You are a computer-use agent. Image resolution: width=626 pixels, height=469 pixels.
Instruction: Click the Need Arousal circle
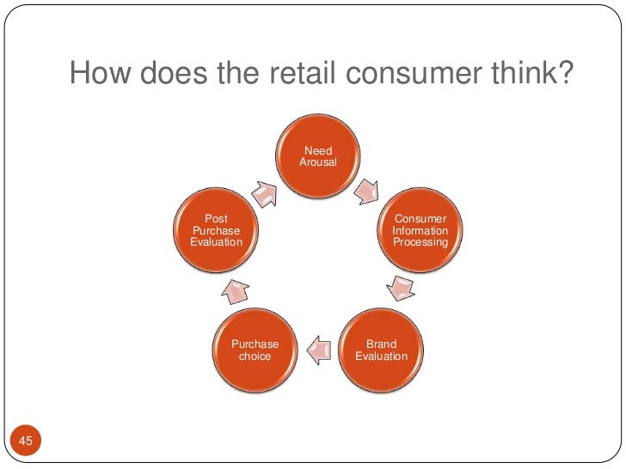pyautogui.click(x=317, y=155)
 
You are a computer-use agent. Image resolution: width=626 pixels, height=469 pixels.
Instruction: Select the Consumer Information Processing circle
pyautogui.click(x=420, y=229)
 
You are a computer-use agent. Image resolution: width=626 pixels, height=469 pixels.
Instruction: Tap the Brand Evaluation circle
pyautogui.click(x=381, y=350)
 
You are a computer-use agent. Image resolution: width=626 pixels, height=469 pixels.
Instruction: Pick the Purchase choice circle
pyautogui.click(x=255, y=350)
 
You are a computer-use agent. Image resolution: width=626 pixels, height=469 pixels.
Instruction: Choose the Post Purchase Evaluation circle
pyautogui.click(x=216, y=229)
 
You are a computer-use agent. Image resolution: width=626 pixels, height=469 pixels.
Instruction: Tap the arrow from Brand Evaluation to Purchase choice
pyautogui.click(x=318, y=349)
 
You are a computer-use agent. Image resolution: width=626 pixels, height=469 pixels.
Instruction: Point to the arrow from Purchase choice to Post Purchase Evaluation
pyautogui.click(x=236, y=292)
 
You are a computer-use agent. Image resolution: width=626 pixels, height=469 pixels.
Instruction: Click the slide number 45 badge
pyautogui.click(x=25, y=442)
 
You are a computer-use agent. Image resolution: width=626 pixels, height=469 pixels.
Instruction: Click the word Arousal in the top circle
pyautogui.click(x=317, y=162)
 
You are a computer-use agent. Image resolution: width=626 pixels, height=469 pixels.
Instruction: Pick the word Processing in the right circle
pyautogui.click(x=420, y=242)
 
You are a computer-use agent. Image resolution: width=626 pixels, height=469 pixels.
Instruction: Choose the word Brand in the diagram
pyautogui.click(x=381, y=344)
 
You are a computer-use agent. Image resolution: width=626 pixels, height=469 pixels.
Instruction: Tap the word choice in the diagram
pyautogui.click(x=255, y=356)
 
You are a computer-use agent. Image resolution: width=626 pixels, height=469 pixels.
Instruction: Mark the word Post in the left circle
pyautogui.click(x=216, y=219)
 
